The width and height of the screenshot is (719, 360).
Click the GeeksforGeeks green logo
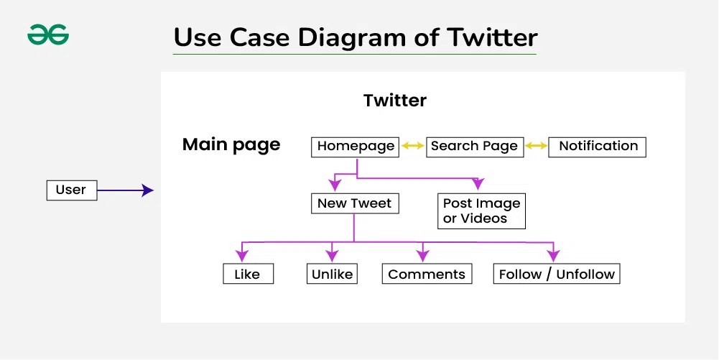click(48, 35)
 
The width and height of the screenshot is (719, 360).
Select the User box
click(70, 190)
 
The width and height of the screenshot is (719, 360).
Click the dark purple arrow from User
click(125, 190)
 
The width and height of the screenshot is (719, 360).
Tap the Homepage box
click(356, 146)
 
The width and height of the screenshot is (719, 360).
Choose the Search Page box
click(474, 146)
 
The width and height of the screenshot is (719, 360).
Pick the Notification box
click(598, 146)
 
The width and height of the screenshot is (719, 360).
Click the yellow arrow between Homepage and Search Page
click(413, 146)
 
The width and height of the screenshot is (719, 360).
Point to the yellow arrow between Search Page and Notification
click(536, 146)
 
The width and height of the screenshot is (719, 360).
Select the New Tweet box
click(354, 203)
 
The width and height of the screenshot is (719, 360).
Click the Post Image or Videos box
click(481, 211)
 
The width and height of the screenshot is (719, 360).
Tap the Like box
click(247, 274)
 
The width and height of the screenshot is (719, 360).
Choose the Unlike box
click(332, 274)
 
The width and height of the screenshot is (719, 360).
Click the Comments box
click(427, 274)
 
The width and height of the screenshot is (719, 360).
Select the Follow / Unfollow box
click(557, 274)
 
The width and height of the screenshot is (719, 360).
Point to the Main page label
click(231, 144)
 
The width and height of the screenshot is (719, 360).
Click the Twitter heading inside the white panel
click(395, 101)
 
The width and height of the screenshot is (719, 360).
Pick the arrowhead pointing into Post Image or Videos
click(478, 184)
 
